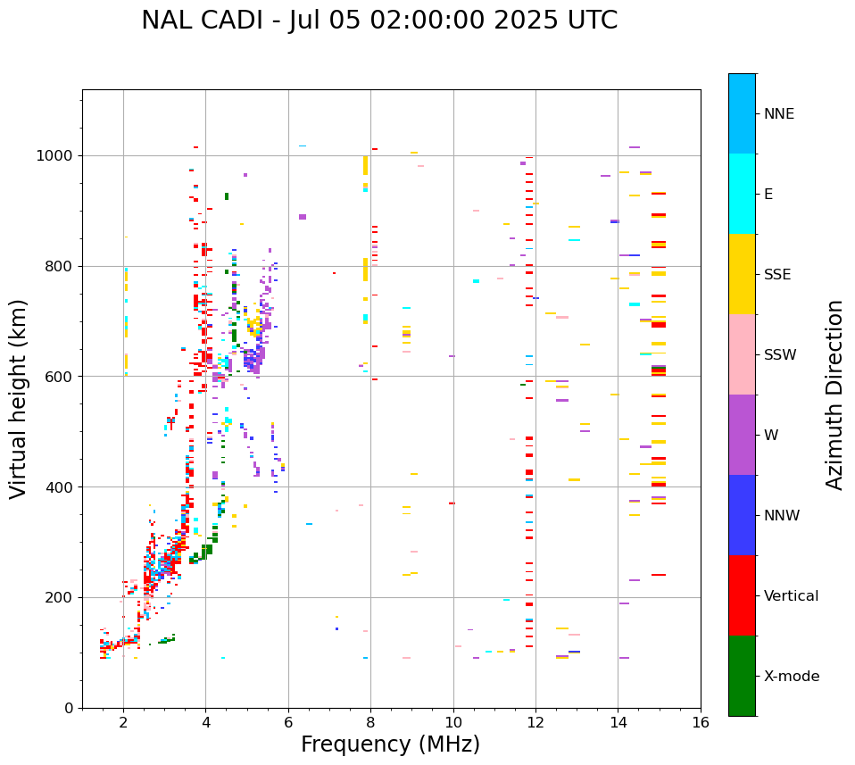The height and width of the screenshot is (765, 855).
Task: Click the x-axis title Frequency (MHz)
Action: [390, 744]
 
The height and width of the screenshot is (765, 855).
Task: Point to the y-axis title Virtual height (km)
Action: [19, 399]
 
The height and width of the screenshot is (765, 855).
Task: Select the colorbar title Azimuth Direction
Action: [834, 395]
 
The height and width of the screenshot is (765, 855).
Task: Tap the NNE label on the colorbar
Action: [778, 114]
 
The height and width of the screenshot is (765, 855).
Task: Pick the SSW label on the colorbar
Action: [780, 355]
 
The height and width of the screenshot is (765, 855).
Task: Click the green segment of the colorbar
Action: [742, 676]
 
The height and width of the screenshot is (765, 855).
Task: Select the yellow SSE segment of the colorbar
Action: [742, 274]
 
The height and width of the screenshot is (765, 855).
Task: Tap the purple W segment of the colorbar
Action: [742, 435]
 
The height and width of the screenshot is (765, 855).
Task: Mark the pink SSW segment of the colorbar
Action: [742, 354]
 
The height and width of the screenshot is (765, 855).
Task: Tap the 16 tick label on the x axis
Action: [701, 722]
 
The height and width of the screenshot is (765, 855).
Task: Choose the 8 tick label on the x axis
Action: [370, 722]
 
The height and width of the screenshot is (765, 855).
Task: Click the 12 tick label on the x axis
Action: [535, 722]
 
